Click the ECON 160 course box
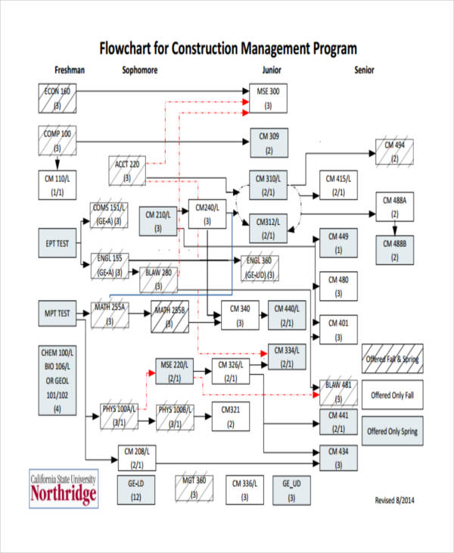[57, 98]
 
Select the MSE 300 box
[268, 98]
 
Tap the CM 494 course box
[394, 152]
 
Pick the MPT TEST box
[57, 313]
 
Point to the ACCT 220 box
[127, 170]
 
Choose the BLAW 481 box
[338, 391]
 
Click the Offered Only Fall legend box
[392, 395]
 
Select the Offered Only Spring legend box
[392, 431]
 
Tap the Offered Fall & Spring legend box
[392, 359]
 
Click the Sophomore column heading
[139, 70]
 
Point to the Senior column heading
[364, 70]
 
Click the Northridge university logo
[64, 489]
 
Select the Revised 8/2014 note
[395, 500]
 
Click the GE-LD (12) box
[136, 489]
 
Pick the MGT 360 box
[194, 489]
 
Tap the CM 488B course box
[394, 250]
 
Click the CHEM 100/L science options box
[57, 381]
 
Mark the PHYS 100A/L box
[120, 416]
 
